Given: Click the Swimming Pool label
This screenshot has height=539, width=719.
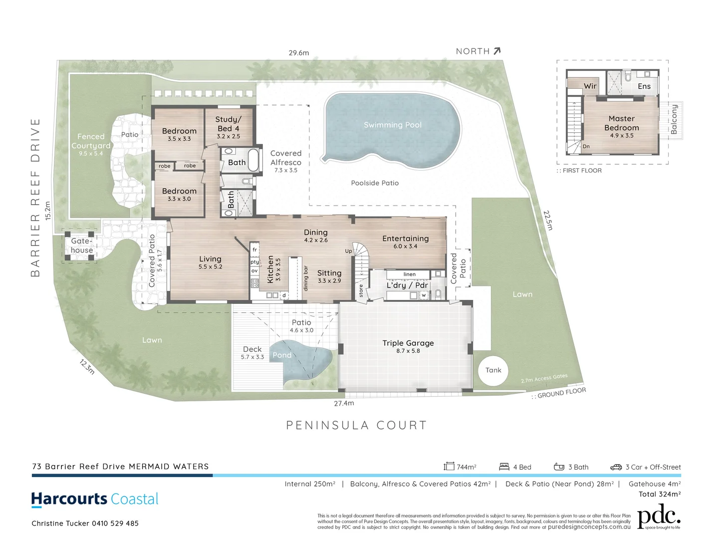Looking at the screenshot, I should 392,125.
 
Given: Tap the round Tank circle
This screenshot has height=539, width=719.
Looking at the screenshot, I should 493,370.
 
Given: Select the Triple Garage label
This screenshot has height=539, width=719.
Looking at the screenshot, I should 408,343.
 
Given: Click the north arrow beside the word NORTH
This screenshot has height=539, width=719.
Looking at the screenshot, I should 496,51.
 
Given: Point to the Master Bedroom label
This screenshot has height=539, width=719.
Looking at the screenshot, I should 621,123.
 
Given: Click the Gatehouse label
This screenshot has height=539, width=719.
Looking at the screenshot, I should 81,246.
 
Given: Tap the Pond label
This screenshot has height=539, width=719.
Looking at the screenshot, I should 282,355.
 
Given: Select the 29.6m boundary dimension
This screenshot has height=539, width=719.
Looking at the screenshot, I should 298,52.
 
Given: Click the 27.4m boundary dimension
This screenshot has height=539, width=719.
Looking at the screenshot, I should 344,403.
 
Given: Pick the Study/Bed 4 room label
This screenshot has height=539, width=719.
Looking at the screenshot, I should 228,124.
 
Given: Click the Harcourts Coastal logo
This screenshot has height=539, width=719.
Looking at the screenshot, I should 95,499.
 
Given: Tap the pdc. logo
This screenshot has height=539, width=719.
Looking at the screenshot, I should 659,516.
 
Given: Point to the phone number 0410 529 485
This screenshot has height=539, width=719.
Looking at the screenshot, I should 115,524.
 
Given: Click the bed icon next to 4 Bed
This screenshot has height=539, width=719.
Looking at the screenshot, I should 504,467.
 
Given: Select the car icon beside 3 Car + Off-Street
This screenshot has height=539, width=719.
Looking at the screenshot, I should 616,467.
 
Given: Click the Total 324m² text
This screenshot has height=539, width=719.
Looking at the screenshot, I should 659,494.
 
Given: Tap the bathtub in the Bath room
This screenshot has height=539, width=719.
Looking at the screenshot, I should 254,160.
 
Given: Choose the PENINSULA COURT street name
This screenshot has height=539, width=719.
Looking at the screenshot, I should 356,425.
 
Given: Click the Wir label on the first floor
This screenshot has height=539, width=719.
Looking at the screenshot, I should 590,86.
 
